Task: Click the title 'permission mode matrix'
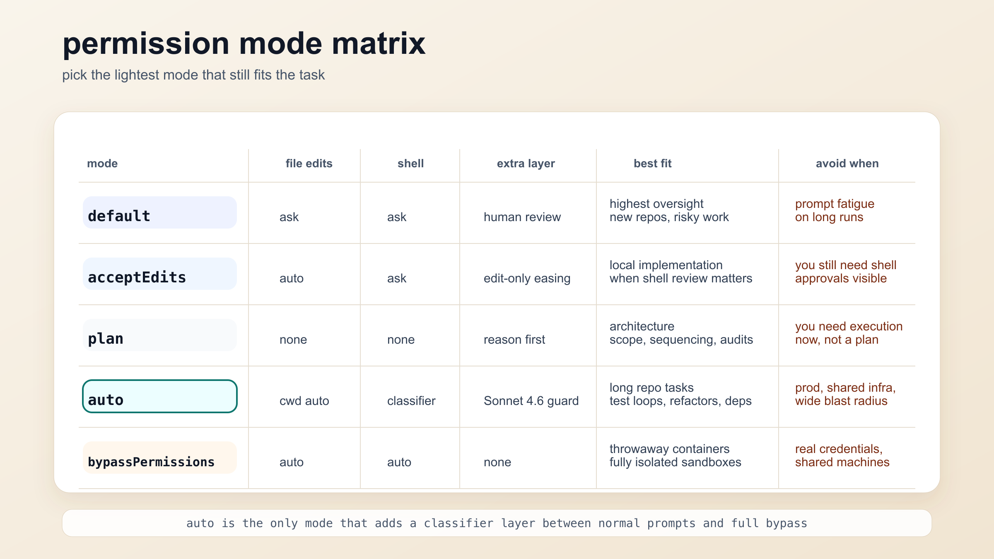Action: (244, 43)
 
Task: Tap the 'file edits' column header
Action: (309, 164)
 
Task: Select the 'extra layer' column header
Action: (526, 164)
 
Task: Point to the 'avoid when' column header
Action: (847, 164)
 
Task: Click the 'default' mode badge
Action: (160, 212)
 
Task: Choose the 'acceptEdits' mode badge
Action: (160, 274)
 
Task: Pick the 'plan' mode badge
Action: (160, 335)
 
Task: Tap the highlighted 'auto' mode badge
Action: (160, 396)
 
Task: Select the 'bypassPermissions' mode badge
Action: (160, 458)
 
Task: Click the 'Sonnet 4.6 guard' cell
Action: (531, 401)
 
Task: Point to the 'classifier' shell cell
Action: (411, 401)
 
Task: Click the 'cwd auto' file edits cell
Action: (304, 401)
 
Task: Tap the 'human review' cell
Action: (522, 217)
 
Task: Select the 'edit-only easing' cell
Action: (527, 278)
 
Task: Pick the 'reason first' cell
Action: (514, 340)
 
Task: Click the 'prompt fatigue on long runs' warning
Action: (834, 210)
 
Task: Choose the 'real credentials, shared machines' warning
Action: (842, 455)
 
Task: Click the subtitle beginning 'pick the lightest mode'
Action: (193, 75)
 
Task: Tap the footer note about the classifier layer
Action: (497, 523)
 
